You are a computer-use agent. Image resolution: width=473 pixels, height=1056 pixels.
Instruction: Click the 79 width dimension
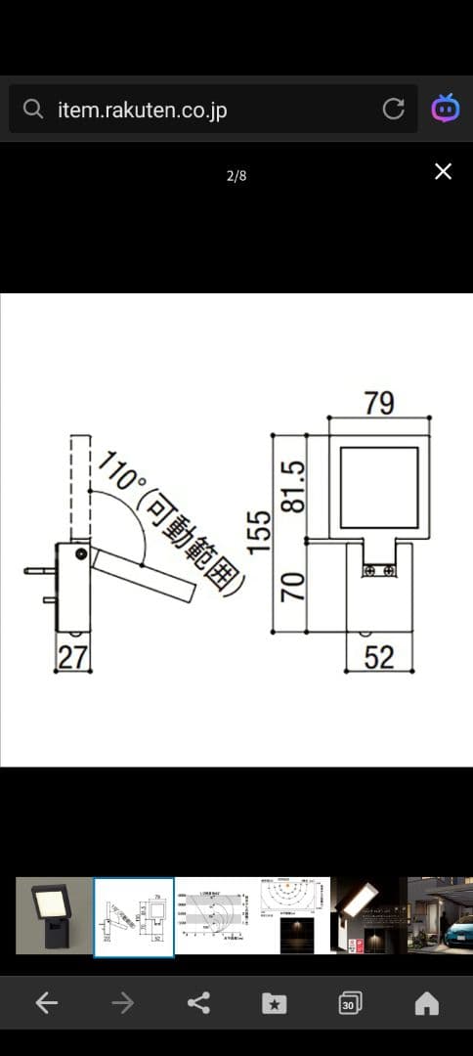click(x=379, y=403)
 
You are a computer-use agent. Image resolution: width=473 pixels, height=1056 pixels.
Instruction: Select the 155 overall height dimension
click(x=258, y=532)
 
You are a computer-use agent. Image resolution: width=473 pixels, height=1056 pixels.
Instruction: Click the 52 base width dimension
click(x=379, y=657)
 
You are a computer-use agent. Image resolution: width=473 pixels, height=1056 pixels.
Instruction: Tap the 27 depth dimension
click(x=72, y=657)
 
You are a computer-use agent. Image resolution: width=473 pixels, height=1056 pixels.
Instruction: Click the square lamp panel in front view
click(x=378, y=487)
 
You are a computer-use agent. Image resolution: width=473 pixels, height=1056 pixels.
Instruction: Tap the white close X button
click(x=443, y=172)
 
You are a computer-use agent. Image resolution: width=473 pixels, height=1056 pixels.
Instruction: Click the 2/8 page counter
click(x=236, y=176)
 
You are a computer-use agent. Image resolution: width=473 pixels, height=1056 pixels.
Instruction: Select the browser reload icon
click(x=394, y=109)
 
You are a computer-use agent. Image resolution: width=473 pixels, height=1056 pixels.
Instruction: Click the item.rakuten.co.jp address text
click(x=142, y=110)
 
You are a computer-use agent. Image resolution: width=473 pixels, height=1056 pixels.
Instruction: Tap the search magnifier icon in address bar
click(x=33, y=110)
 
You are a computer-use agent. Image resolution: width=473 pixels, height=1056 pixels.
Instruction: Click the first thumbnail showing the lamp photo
click(x=54, y=915)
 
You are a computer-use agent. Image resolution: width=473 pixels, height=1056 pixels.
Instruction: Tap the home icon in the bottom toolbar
click(x=426, y=1003)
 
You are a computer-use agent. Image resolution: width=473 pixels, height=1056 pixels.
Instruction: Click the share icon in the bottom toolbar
click(x=198, y=1003)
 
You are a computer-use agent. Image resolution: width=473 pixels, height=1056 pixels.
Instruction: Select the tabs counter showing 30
click(x=349, y=1003)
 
